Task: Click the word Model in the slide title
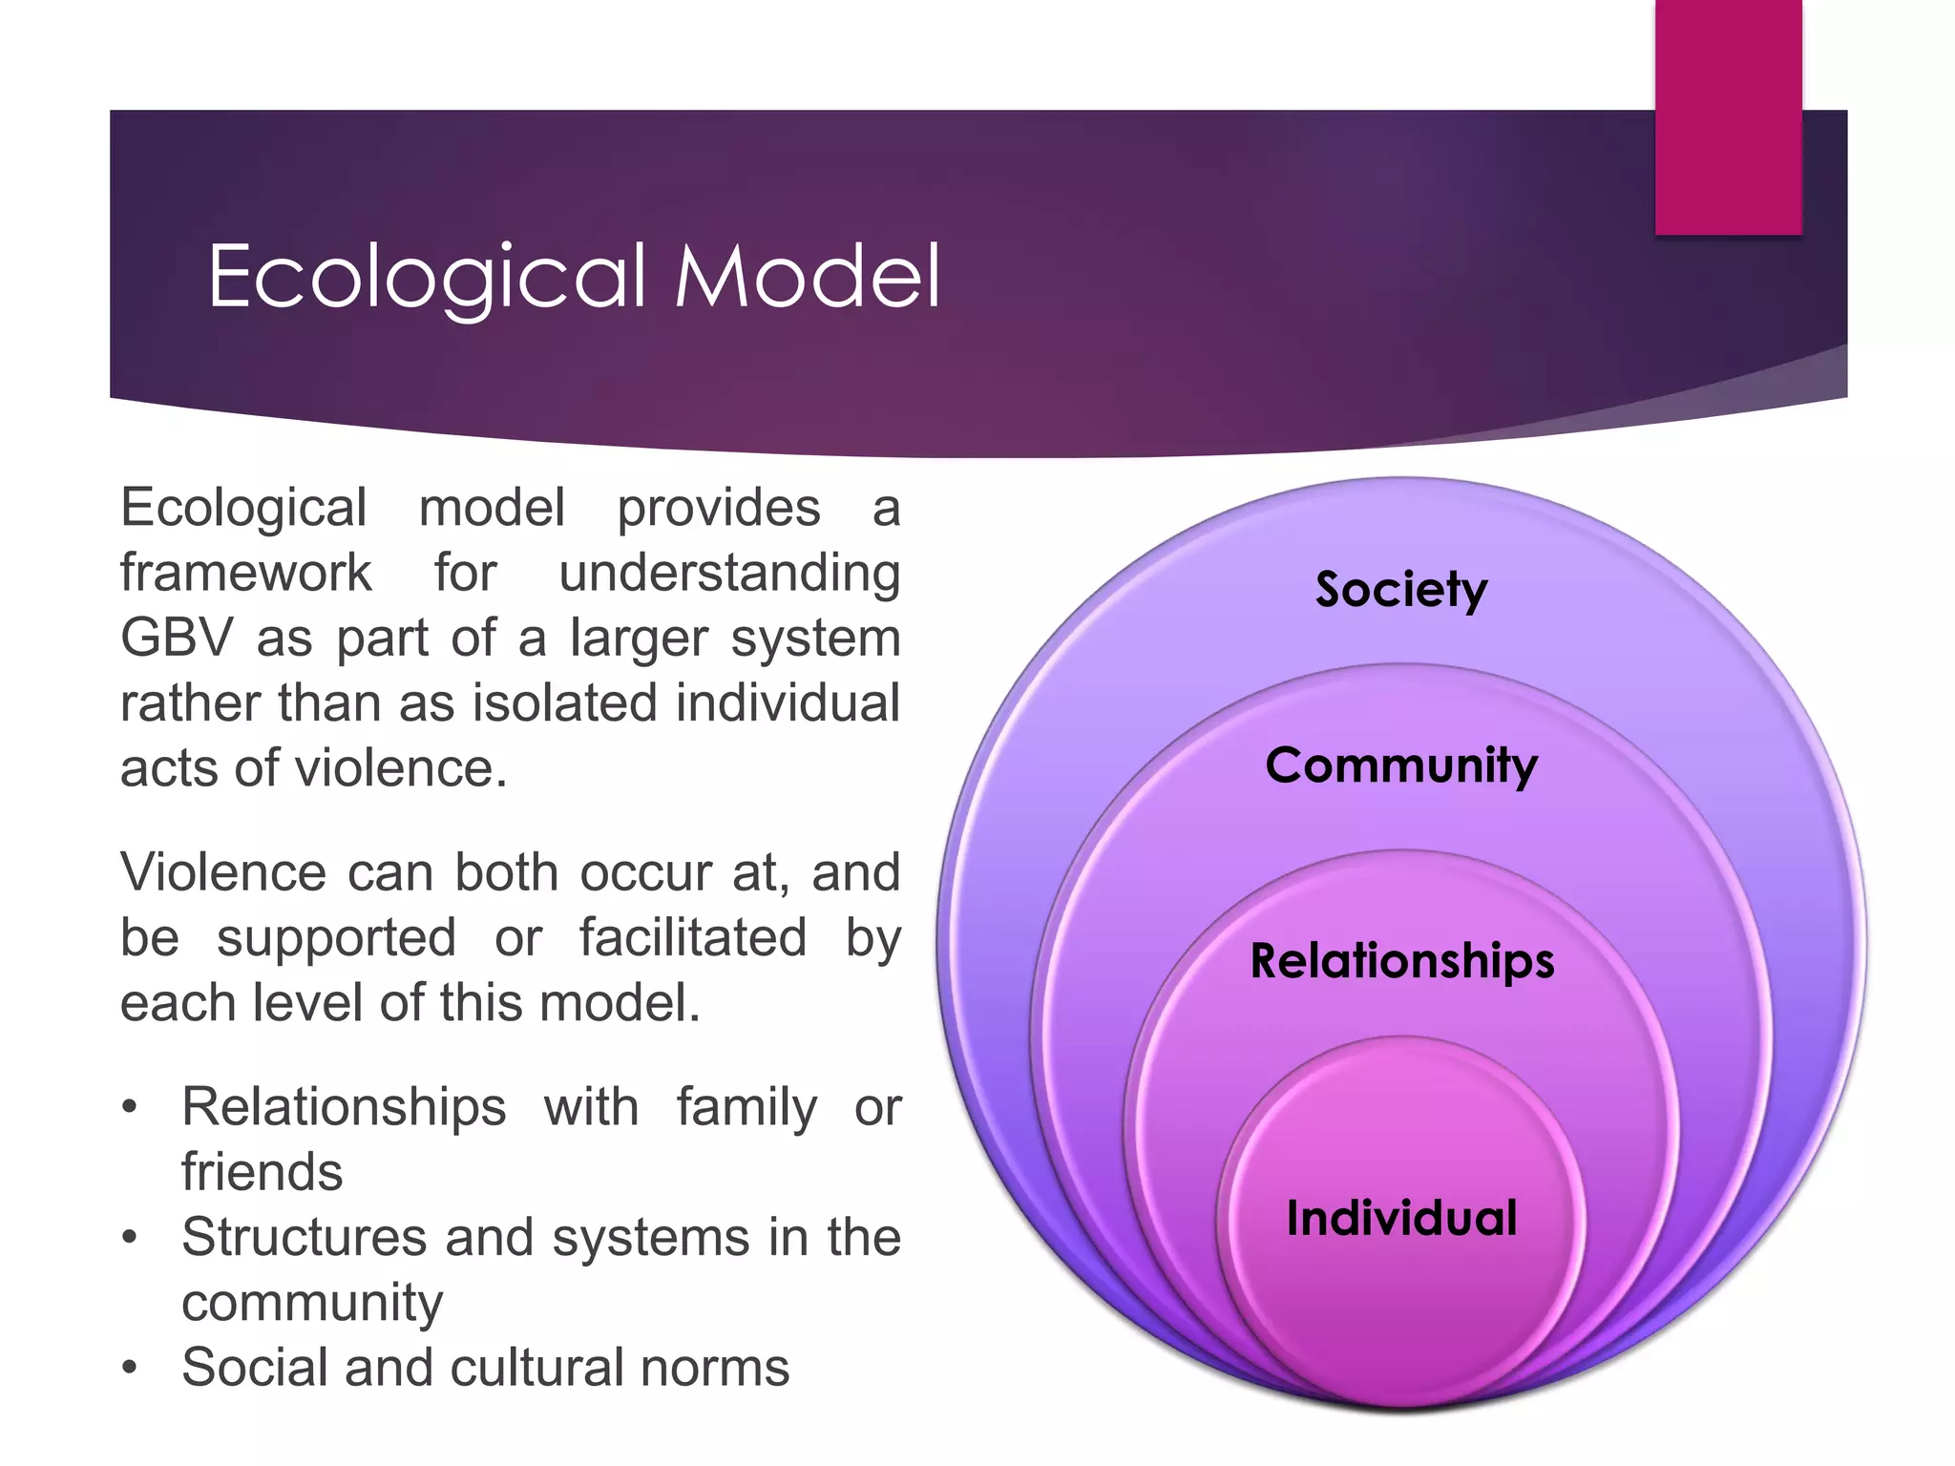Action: [808, 277]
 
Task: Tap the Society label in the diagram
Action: [1400, 589]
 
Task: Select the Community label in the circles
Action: [1401, 765]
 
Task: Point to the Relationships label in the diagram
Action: [1401, 960]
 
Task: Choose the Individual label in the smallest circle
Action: [1401, 1219]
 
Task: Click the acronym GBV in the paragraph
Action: [177, 638]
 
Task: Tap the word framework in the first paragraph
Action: [245, 573]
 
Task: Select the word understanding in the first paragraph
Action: [729, 575]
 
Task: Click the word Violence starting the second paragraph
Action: [222, 872]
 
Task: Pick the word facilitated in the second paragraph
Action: [693, 937]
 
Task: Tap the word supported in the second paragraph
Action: [336, 939]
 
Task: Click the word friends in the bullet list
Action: [262, 1172]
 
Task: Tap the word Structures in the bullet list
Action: [303, 1238]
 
